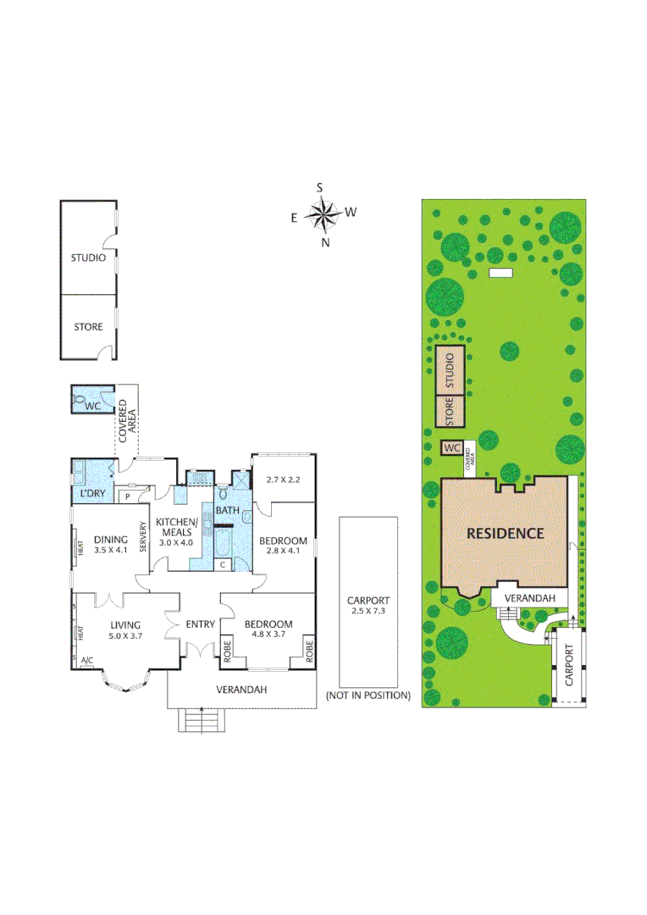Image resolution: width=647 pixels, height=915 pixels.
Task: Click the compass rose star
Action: pyautogui.click(x=323, y=214)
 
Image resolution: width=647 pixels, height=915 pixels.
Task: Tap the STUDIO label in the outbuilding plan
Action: pyautogui.click(x=88, y=258)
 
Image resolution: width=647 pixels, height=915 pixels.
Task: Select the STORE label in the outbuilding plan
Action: pyautogui.click(x=88, y=327)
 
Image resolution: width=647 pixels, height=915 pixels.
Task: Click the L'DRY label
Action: pyautogui.click(x=91, y=493)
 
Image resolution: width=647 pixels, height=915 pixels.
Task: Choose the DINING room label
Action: pyautogui.click(x=110, y=539)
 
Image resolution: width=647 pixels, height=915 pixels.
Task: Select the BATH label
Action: pyautogui.click(x=227, y=511)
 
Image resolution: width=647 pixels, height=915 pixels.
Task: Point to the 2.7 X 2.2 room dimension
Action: pyautogui.click(x=284, y=479)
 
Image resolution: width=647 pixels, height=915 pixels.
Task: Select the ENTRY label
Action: pyautogui.click(x=201, y=624)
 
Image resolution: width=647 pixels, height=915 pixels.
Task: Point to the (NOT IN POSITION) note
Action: pyautogui.click(x=368, y=696)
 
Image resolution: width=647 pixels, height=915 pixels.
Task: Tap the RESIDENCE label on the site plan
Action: pyautogui.click(x=504, y=533)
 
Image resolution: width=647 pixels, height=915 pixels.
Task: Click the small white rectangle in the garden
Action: pyautogui.click(x=501, y=273)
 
